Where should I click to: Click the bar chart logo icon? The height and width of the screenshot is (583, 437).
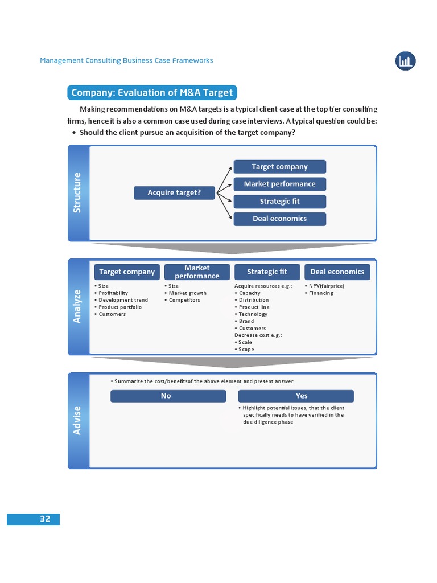coord(405,60)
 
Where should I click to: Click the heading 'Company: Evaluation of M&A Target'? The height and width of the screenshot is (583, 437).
coord(151,93)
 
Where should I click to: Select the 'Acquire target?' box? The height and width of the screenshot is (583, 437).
coord(174,193)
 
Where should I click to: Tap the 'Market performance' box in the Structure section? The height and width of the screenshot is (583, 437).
coord(279,184)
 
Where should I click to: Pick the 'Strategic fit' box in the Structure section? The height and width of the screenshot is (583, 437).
coord(279,202)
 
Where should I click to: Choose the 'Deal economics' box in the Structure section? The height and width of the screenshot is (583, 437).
coord(279,219)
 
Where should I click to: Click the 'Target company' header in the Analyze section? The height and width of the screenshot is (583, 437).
coord(127,272)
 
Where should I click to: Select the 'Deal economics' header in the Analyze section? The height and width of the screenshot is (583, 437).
coord(337,272)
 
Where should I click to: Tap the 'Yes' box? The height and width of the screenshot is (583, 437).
coord(296,396)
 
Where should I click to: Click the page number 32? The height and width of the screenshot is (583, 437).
coord(45,519)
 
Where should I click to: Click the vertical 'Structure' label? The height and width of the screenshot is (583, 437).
coord(78,193)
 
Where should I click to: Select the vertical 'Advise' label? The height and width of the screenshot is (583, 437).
coord(78,420)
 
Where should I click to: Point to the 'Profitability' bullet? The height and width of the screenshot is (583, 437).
coord(113,293)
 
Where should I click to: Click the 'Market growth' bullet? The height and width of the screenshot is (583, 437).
coord(187,293)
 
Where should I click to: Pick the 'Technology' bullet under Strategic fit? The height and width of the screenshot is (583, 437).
coord(253,314)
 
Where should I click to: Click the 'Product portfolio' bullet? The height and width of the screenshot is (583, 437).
coord(120,307)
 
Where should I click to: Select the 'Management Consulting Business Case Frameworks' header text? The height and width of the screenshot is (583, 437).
coord(126,60)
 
